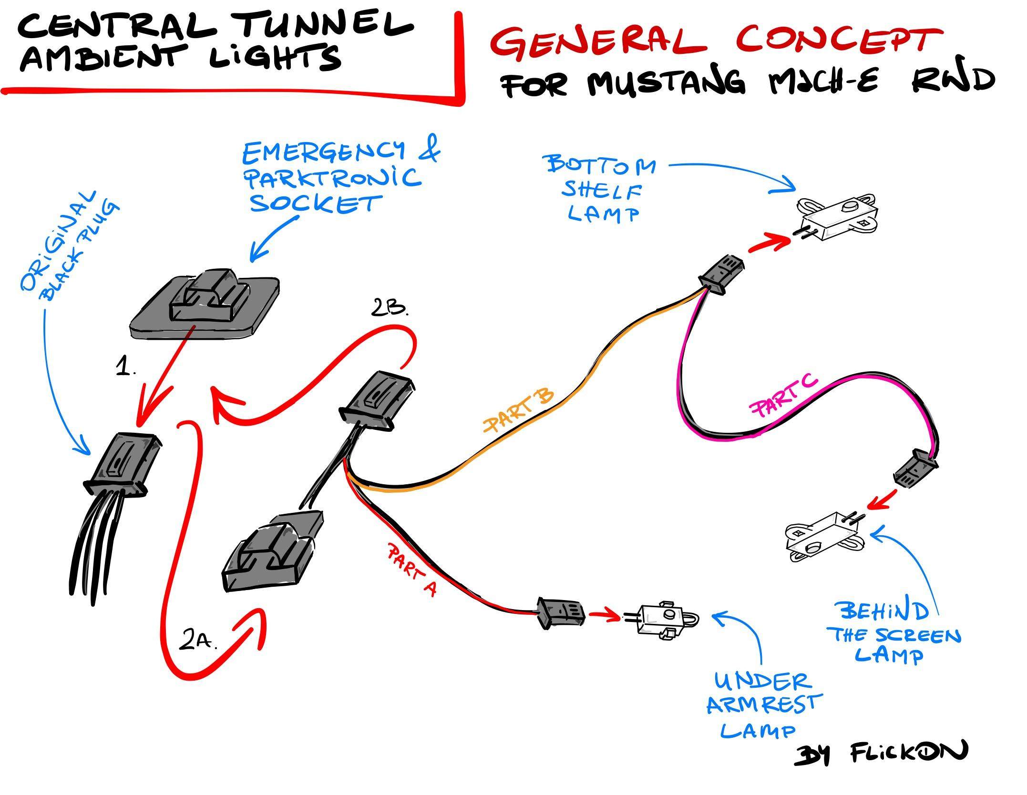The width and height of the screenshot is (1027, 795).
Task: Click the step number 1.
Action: coord(126,367)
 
